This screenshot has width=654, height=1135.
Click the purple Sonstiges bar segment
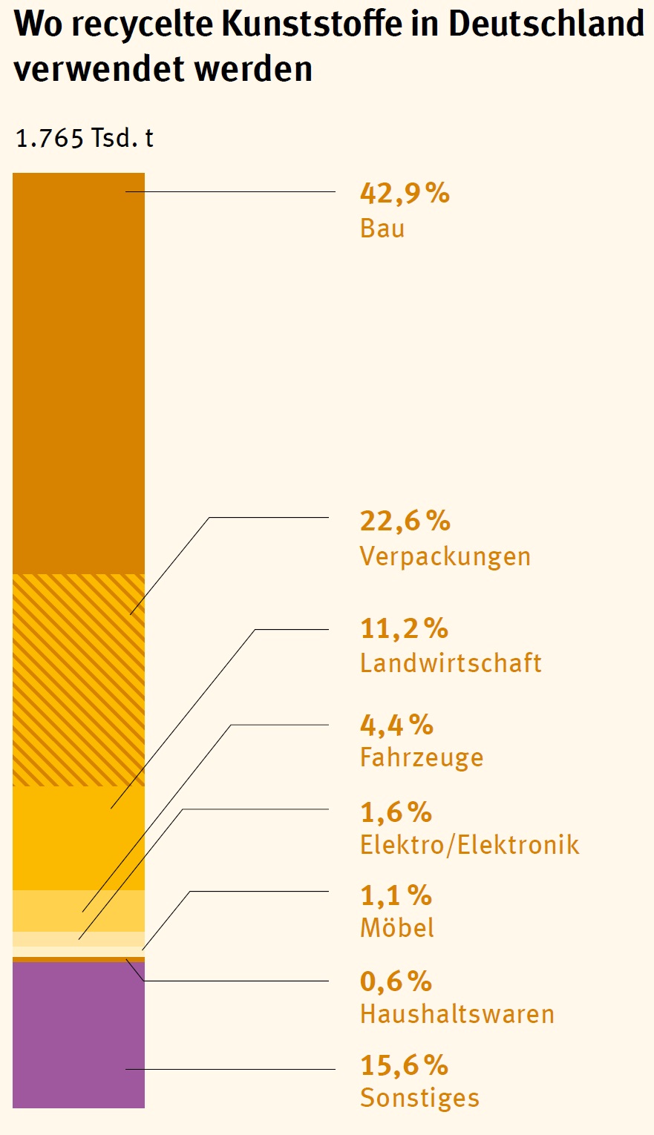[x=79, y=1035]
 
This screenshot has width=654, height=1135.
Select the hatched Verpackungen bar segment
[x=79, y=680]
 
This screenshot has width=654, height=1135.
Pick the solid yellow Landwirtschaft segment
[x=79, y=838]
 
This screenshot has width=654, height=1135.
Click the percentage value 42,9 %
[x=405, y=194]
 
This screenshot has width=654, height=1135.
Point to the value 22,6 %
[x=405, y=522]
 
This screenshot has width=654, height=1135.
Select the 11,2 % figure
[x=404, y=629]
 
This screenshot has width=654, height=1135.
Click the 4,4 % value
[x=396, y=725]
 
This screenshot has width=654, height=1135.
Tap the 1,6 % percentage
[x=396, y=812]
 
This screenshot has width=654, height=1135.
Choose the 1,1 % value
[x=396, y=895]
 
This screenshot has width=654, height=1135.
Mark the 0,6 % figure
[x=396, y=981]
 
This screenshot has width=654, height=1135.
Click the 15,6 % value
[x=404, y=1065]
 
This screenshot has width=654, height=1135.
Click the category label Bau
[x=382, y=228]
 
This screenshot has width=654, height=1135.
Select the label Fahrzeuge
[x=422, y=757]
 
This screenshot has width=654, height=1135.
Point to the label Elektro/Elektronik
[x=469, y=844]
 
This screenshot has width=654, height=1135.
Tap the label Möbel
[x=397, y=927]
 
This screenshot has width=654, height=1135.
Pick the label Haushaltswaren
[x=457, y=1013]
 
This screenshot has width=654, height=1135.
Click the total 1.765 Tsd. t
[x=85, y=138]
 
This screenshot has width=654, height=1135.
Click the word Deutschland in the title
[x=546, y=24]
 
